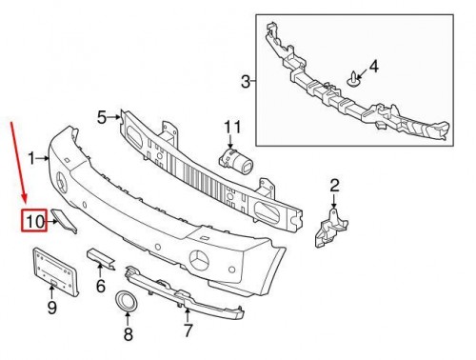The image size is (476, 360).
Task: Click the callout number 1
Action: (31, 158)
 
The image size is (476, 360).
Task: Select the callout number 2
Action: (334, 186)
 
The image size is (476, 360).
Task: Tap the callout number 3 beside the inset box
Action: (246, 82)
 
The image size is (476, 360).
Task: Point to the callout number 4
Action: (374, 67)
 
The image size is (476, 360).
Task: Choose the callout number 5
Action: (102, 118)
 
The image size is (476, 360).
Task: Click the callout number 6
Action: (101, 286)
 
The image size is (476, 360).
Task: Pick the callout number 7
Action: (188, 330)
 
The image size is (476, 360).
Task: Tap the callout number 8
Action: (128, 334)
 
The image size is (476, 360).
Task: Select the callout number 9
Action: (52, 308)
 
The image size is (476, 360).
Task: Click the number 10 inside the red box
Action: (34, 221)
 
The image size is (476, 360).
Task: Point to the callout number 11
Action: (232, 128)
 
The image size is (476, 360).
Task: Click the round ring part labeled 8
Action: (127, 301)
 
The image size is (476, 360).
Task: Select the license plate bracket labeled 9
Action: (55, 271)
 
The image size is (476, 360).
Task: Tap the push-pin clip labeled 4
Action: (352, 79)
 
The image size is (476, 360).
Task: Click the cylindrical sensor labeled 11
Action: (235, 159)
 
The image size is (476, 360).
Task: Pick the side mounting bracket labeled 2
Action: (330, 228)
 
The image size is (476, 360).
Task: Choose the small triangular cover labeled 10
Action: (64, 221)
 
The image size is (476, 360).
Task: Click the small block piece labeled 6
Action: (101, 258)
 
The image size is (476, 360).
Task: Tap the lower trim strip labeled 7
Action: (185, 292)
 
